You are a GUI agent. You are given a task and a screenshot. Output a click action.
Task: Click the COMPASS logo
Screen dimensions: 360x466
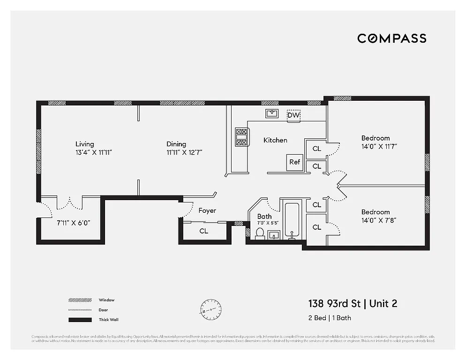pos(391,38)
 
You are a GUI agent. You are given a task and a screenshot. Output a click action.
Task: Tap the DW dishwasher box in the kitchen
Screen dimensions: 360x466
pos(293,115)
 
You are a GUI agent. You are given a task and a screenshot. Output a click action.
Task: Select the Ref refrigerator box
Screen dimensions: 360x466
pos(294,162)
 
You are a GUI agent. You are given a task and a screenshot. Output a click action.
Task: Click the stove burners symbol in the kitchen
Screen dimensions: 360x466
pos(241,137)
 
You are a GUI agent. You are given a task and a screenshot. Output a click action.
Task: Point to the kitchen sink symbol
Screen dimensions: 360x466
pos(272,113)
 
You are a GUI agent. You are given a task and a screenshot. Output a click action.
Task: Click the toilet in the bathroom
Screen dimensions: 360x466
pos(259,233)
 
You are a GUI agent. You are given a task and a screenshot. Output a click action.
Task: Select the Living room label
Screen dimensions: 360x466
pos(84,144)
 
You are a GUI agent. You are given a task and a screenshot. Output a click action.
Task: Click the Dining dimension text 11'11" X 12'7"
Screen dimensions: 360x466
pos(184,152)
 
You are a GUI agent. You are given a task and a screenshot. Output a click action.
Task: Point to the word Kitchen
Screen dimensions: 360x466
pos(275,140)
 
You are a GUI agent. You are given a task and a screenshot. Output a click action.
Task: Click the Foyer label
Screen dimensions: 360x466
pos(207,211)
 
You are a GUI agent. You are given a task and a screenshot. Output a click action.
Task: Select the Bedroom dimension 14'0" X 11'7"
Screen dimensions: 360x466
pos(379,146)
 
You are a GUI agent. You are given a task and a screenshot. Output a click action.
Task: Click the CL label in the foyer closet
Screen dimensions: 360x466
pos(203,231)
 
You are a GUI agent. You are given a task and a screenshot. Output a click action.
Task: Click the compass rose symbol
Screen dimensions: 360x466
pos(210,310)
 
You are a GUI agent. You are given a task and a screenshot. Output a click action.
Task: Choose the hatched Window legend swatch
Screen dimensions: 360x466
pos(80,300)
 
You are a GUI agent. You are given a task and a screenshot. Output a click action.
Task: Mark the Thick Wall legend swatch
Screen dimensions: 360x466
pos(80,320)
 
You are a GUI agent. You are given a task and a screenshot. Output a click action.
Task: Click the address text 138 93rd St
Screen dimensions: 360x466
pos(334,304)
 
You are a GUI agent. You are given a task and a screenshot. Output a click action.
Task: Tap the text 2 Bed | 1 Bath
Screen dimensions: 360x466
pos(329,318)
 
